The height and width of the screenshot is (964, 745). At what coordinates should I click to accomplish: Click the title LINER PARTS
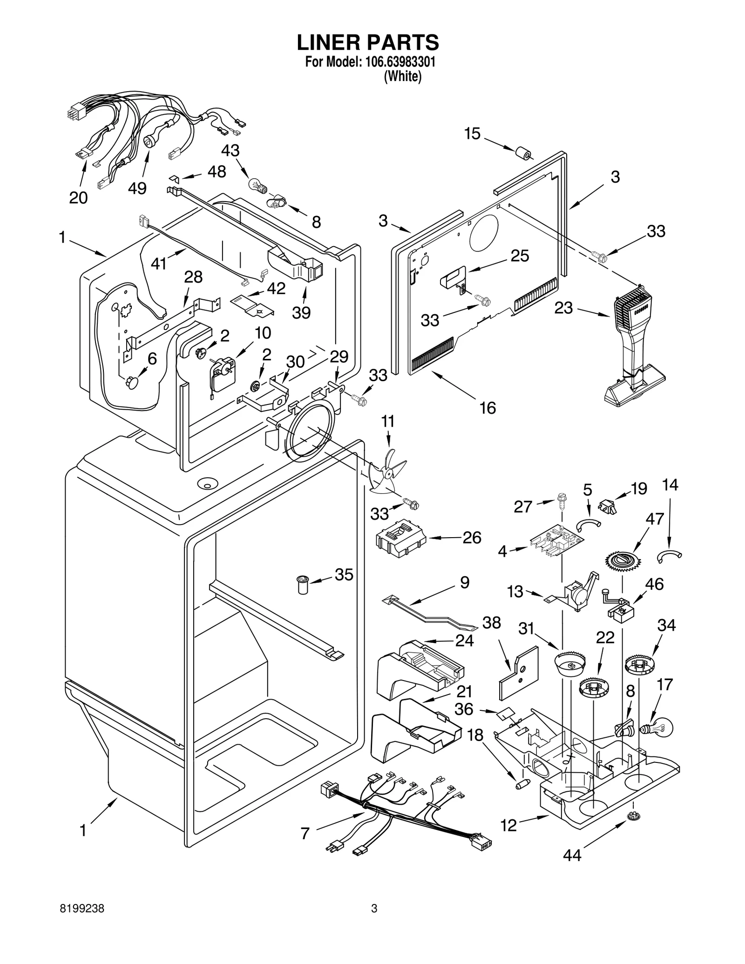pos(368,42)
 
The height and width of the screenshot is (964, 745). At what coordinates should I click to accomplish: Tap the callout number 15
pos(472,134)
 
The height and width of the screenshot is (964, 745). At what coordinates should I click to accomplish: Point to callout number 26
pos(472,538)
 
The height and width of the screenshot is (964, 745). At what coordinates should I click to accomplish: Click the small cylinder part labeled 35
pos(303,584)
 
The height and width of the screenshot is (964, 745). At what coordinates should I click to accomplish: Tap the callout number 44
pos(572,856)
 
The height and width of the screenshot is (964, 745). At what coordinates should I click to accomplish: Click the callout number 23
pos(563,308)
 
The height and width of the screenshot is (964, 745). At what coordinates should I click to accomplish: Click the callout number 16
pos(488,408)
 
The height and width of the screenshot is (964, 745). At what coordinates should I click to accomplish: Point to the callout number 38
pos(492,623)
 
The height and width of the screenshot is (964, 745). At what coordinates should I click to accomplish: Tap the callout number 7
pos(305,833)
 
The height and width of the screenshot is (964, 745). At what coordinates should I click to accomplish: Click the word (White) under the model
pos(402,76)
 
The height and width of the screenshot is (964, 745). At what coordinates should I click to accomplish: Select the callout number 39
pos(301,312)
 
